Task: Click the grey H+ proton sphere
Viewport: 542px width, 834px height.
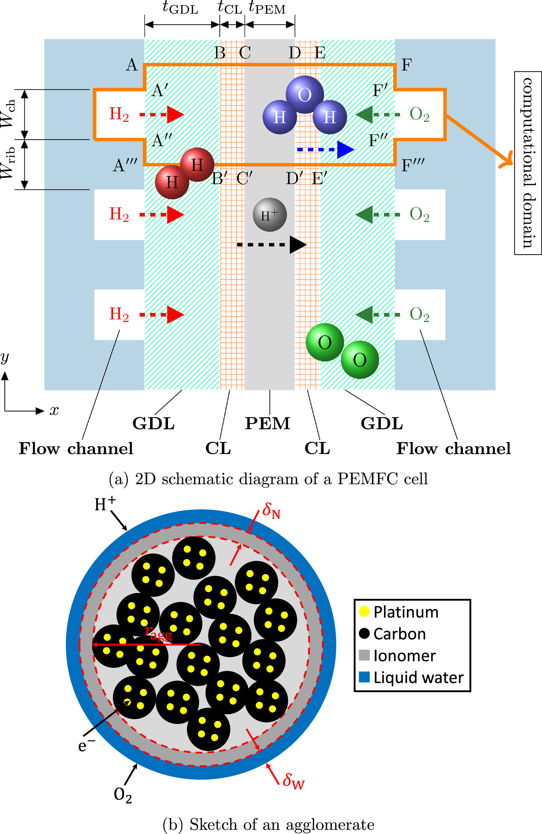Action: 269,215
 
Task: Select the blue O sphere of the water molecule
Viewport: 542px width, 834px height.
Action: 304,94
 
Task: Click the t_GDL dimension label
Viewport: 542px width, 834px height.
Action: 180,8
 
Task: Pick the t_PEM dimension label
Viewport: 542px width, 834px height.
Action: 267,8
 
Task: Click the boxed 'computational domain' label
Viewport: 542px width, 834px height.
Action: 528,163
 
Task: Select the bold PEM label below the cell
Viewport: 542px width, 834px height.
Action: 267,423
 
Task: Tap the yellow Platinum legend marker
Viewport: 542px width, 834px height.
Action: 364,612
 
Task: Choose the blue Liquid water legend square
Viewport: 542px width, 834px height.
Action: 364,677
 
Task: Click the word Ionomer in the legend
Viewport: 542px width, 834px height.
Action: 405,656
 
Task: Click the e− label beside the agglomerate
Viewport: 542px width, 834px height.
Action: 86,746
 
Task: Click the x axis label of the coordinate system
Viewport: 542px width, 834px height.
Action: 54,410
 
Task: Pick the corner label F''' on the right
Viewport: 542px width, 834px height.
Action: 413,165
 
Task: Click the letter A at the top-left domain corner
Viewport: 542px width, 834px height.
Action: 131,65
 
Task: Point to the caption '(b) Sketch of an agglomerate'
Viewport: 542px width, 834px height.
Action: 268,824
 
